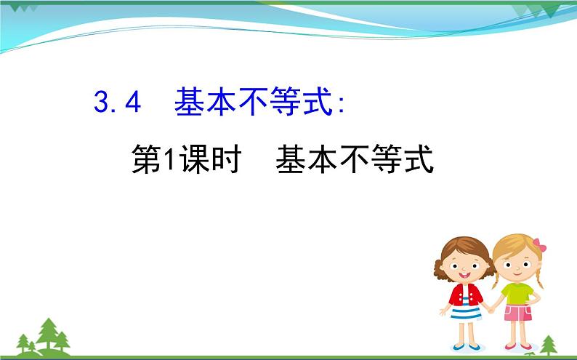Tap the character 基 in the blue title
coord(190,103)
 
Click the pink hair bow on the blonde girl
coord(539,245)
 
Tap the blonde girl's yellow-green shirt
coord(517,293)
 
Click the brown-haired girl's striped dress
coord(466,312)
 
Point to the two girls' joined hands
coord(491,308)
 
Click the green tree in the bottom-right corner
coord(549,343)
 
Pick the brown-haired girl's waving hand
coord(444,309)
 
